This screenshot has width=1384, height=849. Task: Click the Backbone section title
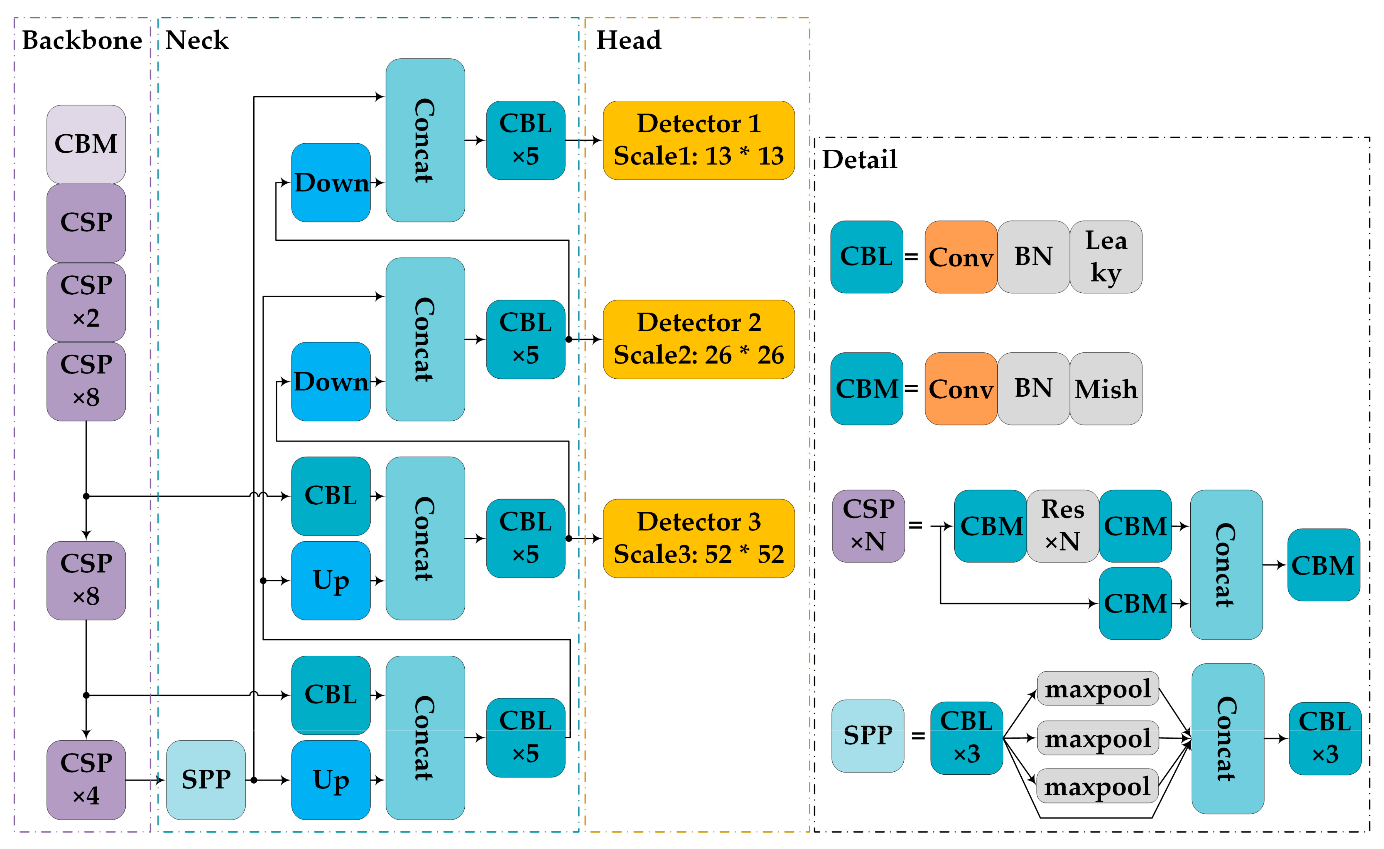[82, 40]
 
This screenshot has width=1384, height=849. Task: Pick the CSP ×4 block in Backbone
[86, 779]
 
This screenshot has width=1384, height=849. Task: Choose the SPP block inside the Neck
[206, 779]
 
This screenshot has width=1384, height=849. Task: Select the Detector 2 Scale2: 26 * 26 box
[698, 339]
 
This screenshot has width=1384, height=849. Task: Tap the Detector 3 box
[698, 538]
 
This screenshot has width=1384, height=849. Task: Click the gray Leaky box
[1105, 256]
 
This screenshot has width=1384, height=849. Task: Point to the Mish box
[1105, 389]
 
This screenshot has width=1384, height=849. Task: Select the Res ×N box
[1062, 525]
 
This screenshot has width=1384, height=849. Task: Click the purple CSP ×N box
[868, 525]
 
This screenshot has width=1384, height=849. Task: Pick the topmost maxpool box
[1098, 688]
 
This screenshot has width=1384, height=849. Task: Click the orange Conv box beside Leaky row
[960, 256]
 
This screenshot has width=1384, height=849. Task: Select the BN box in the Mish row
[1033, 389]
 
